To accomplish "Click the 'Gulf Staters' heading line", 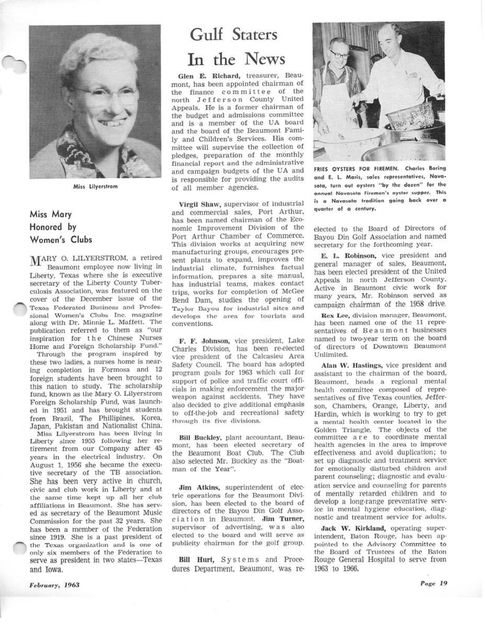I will tap(233, 35).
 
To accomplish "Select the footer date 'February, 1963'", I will tap(54, 585).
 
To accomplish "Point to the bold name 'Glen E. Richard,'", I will tap(201, 76).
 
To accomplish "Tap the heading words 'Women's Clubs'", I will tap(61, 240).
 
